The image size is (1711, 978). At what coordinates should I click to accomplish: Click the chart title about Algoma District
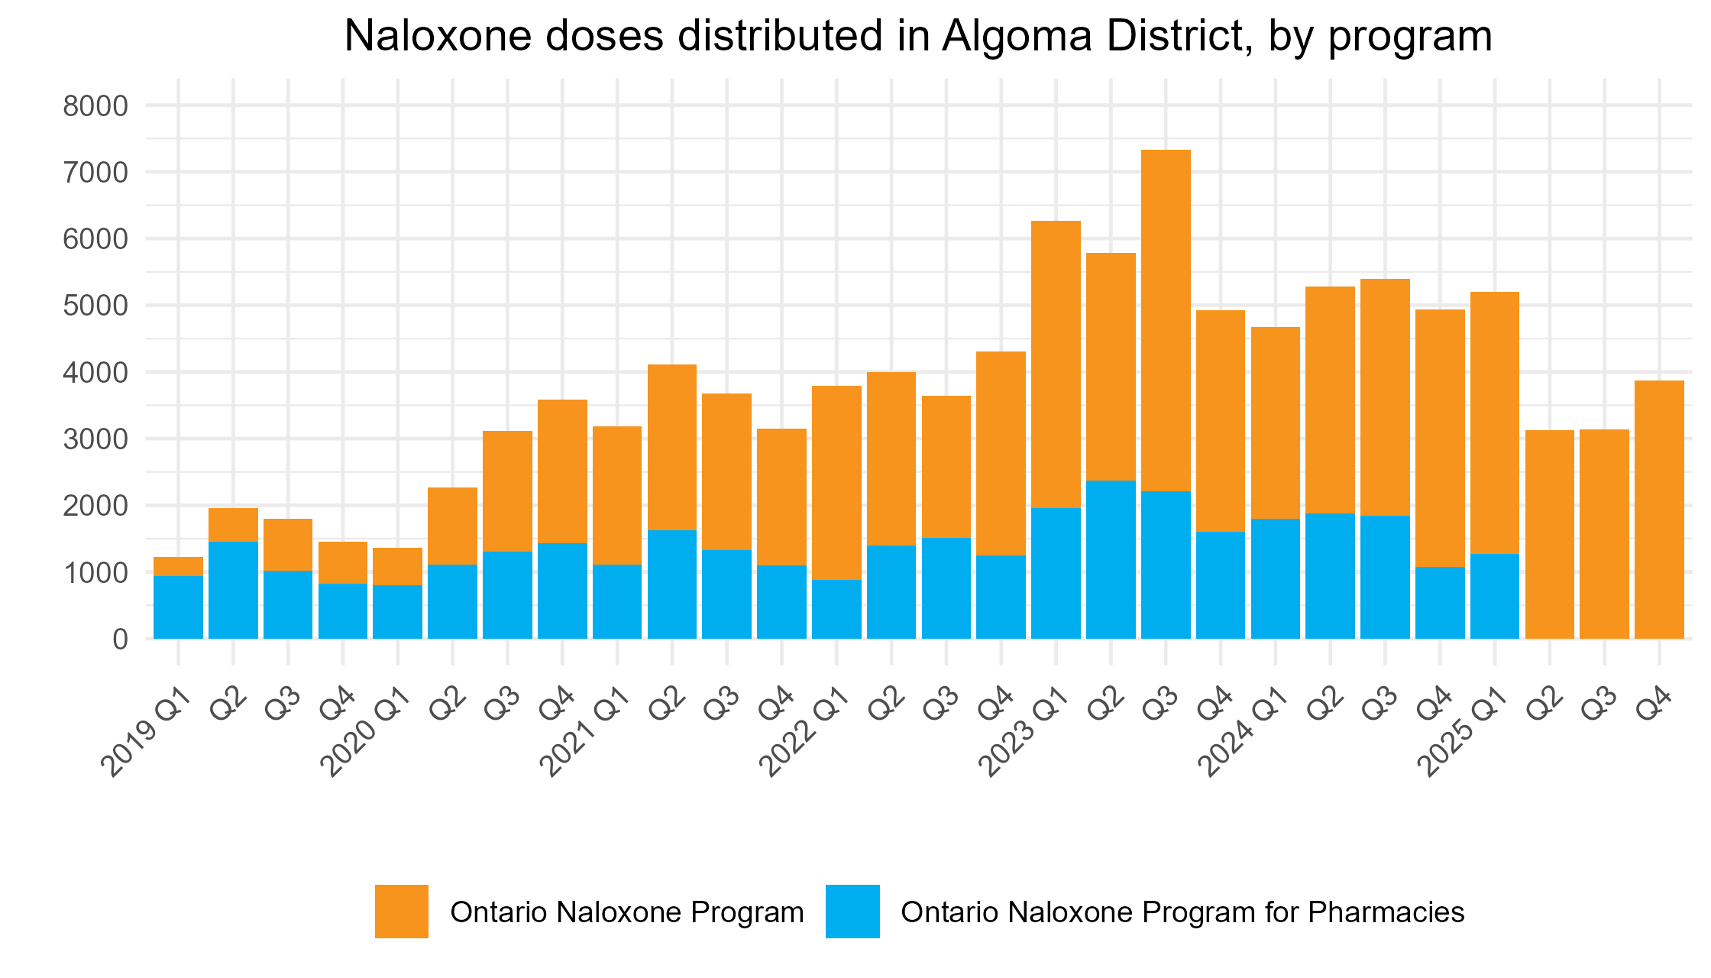point(918,36)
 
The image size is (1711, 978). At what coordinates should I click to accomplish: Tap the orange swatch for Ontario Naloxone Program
point(401,911)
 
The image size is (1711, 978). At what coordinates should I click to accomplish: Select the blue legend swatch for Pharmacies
point(852,911)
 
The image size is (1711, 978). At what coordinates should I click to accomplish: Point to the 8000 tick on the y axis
point(95,106)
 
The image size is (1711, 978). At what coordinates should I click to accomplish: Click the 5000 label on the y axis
point(95,306)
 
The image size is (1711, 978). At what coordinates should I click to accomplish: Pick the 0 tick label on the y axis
point(120,640)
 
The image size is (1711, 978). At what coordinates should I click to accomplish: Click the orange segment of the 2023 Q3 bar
point(1166,321)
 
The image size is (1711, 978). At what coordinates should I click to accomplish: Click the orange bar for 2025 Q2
point(1549,535)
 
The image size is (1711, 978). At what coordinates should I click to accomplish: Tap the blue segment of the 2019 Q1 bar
point(178,607)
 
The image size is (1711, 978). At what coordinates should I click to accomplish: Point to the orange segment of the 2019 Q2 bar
point(233,525)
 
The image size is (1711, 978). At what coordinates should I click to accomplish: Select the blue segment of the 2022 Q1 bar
point(836,609)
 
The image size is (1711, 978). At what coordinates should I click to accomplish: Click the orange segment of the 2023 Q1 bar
point(1056,364)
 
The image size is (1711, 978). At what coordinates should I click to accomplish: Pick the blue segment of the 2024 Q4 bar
point(1440,602)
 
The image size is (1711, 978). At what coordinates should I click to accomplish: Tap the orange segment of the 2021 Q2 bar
point(672,447)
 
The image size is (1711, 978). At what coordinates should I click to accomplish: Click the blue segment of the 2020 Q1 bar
point(397,611)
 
